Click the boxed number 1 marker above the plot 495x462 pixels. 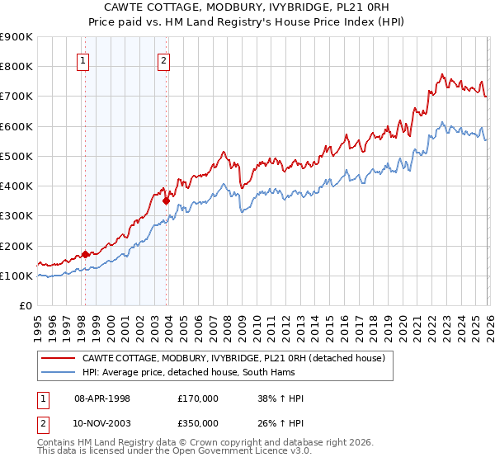click(83, 59)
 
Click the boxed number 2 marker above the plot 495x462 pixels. click(164, 59)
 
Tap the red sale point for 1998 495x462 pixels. click(85, 254)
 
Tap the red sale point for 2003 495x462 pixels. click(166, 200)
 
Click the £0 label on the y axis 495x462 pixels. click(25, 306)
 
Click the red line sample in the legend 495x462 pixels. click(58, 358)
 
